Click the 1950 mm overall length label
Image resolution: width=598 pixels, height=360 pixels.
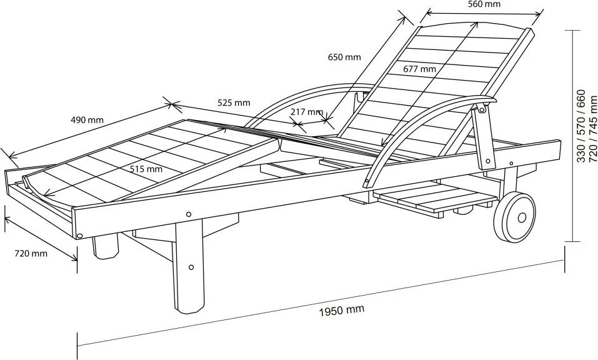point(341,309)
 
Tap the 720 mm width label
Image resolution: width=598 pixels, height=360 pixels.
point(31,253)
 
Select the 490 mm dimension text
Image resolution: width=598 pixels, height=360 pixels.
point(87,119)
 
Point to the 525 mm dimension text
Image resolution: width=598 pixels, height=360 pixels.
point(234,102)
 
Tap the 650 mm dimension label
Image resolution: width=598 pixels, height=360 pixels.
point(344,57)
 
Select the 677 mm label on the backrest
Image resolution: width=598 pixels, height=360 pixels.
point(419,69)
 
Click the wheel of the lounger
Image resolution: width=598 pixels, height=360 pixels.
point(514,217)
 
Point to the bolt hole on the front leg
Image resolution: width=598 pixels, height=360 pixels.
point(191,267)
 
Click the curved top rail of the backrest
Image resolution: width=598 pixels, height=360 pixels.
point(475,24)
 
